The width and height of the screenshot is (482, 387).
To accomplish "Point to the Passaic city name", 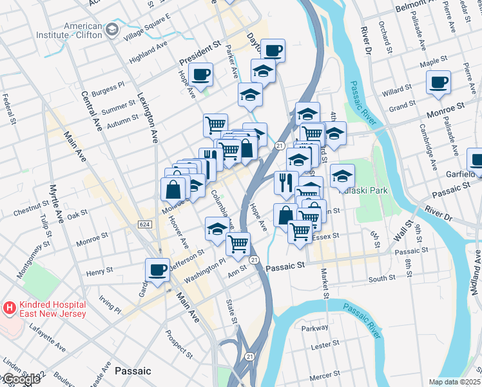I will click(x=132, y=371).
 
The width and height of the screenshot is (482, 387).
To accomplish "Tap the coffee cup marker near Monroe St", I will click(x=438, y=82).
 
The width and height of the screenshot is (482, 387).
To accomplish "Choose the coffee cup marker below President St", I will click(x=200, y=74).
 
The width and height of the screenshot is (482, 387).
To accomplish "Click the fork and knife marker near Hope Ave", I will click(x=285, y=183).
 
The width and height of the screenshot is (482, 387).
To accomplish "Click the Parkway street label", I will click(x=315, y=328).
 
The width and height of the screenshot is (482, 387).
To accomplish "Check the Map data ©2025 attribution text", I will click(x=454, y=382).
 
